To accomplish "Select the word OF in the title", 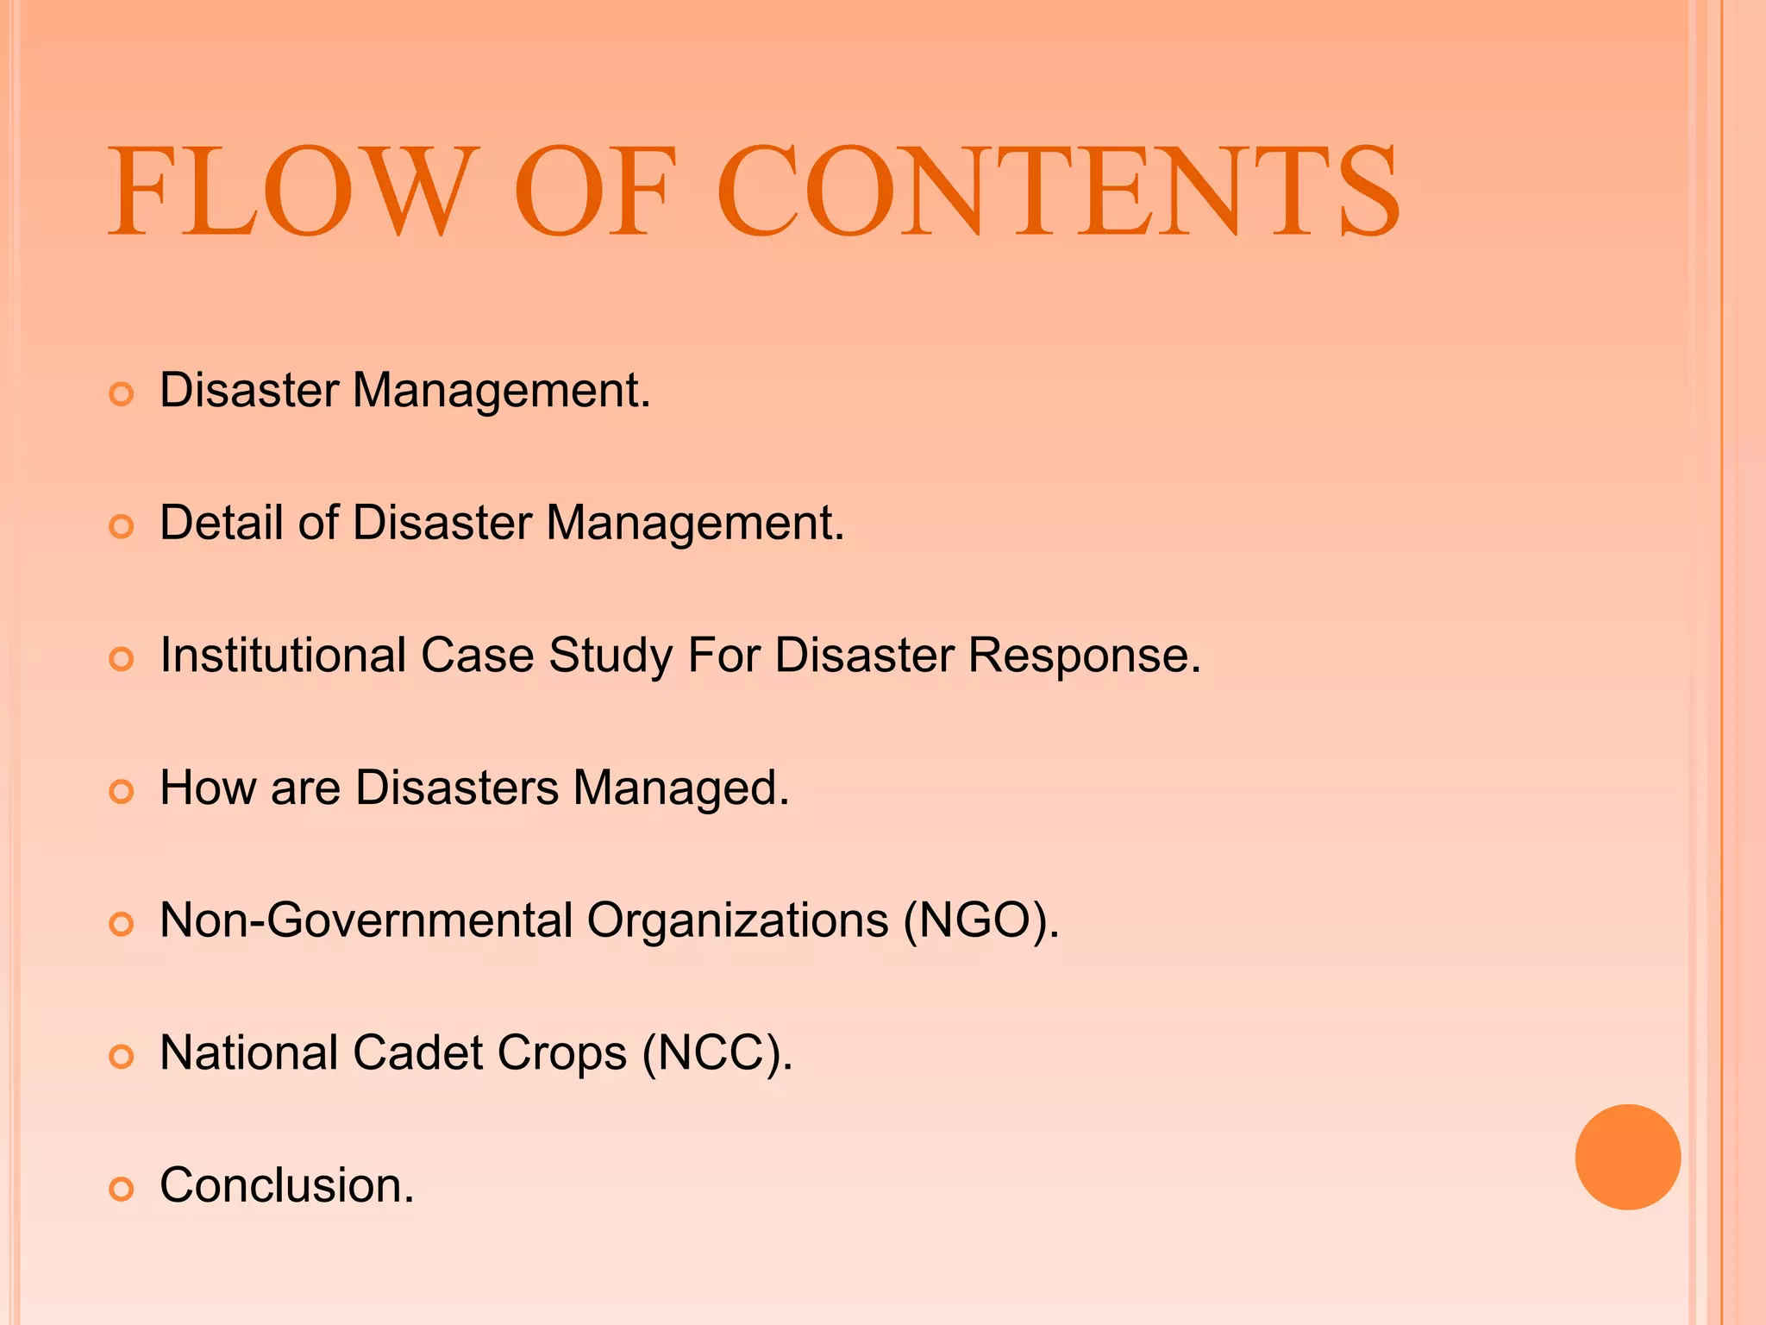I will (595, 192).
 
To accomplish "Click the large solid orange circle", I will (1627, 1157).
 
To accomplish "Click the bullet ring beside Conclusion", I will (122, 1190).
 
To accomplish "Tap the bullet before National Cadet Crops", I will (122, 1057).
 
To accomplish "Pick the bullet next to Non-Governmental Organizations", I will (122, 925).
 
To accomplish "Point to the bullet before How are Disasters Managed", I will (122, 792).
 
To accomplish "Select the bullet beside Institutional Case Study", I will (122, 660).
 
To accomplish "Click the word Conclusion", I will (286, 1185).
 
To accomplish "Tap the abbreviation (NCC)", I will (717, 1053).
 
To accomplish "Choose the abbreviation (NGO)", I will (980, 920).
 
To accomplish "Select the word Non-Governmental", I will (366, 920).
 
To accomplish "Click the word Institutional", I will (283, 656).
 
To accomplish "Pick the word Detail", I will (222, 523).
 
